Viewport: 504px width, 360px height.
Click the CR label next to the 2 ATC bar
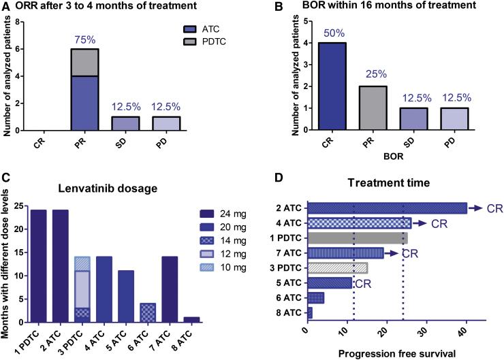[x=495, y=208]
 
